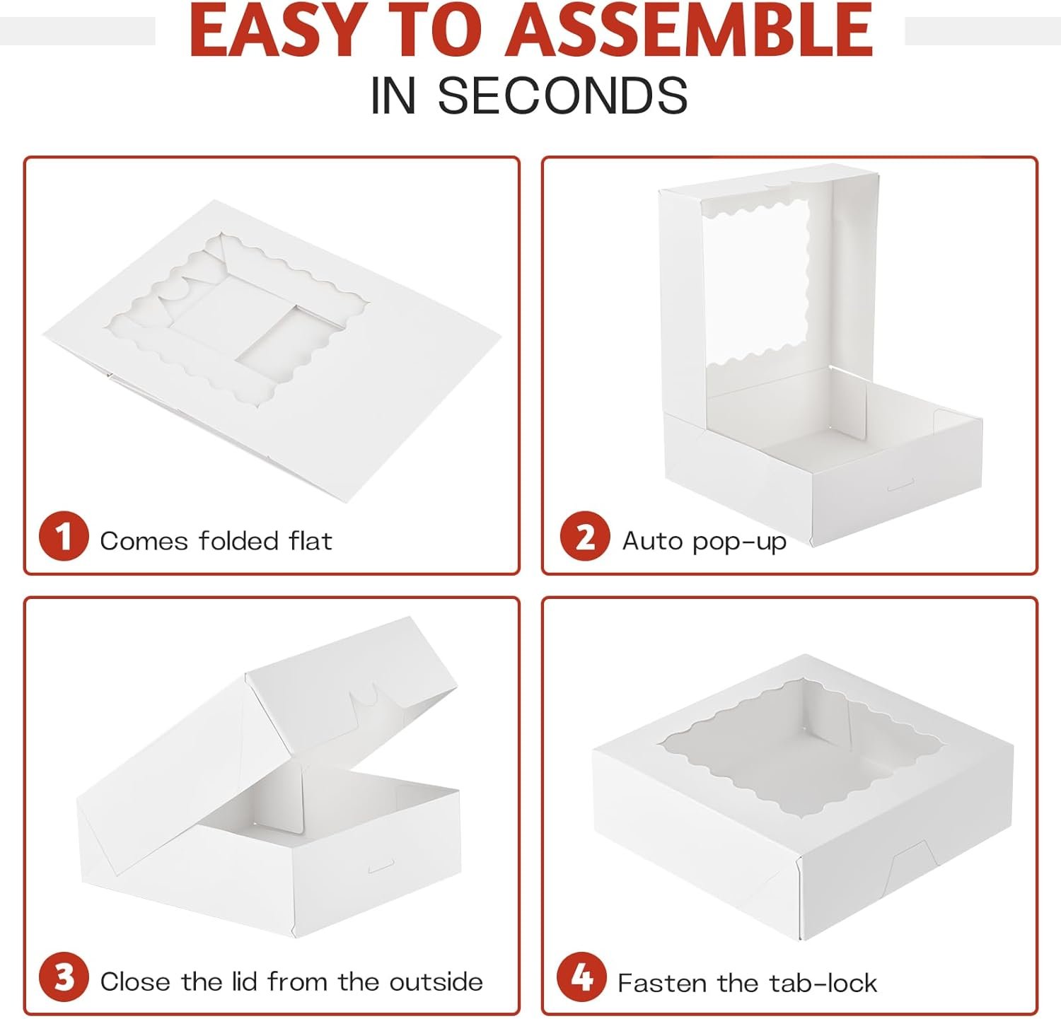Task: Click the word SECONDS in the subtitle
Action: tap(562, 95)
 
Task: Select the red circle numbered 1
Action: tap(64, 536)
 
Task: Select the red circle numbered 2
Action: tap(585, 536)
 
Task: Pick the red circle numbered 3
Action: tap(64, 978)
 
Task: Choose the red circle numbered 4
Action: tap(581, 978)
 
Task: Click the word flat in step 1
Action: tap(311, 541)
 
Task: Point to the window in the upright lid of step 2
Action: tap(755, 284)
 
